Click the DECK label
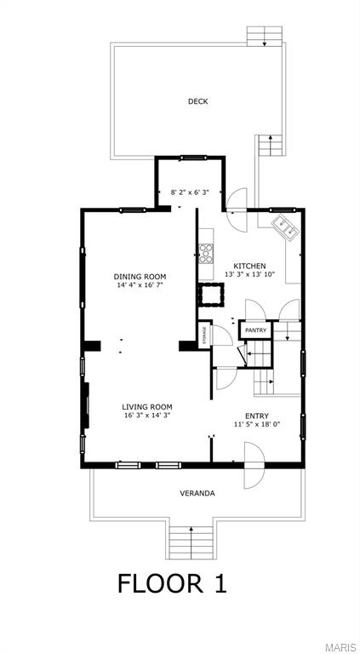coord(197,101)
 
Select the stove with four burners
coord(206,254)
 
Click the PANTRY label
coord(255,330)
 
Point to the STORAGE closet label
coord(204,335)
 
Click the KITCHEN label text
coord(249,266)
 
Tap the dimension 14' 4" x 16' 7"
coord(140,285)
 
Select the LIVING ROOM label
coord(147,407)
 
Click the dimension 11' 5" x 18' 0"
coord(257,424)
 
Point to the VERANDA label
coord(197,493)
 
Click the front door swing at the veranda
coord(254,465)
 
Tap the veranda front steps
coord(191,542)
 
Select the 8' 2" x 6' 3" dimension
coord(190,192)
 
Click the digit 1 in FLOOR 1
coord(220,583)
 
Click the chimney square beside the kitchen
coord(211,295)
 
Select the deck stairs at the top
coord(264,37)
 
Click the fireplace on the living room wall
coord(85,404)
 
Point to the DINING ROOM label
coord(140,277)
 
